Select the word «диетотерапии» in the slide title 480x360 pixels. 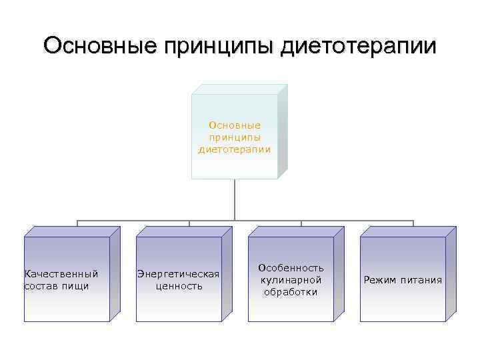[x=359, y=47]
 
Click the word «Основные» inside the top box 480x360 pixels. [x=235, y=125]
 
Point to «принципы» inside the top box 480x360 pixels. [x=235, y=137]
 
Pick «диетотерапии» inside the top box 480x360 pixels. [x=235, y=149]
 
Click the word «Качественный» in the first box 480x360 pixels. [x=61, y=274]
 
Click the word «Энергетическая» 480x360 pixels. [x=178, y=274]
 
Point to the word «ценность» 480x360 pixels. [x=178, y=286]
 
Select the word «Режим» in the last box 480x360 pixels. [x=381, y=280]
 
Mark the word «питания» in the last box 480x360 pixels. [x=421, y=280]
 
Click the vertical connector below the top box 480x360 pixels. [x=235, y=200]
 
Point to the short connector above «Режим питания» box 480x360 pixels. [x=413, y=224]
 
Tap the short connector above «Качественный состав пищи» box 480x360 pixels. [x=77, y=224]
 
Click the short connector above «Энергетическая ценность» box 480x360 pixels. [x=189, y=224]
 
